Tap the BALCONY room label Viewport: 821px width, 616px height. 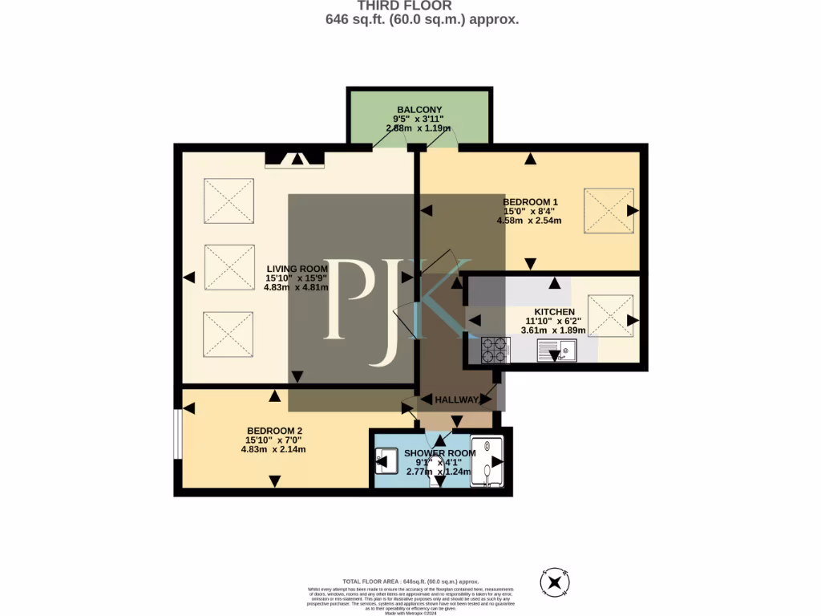point(419,110)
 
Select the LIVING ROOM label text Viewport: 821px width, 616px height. point(297,269)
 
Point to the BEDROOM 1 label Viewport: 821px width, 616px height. point(530,201)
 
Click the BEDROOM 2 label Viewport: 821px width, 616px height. point(274,430)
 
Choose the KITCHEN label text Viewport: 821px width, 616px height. point(555,311)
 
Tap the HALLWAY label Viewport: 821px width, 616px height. point(457,399)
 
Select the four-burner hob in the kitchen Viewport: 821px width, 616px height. point(494,349)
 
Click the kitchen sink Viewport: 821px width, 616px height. point(556,349)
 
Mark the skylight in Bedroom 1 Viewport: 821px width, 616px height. point(609,211)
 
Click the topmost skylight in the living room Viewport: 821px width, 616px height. point(229,201)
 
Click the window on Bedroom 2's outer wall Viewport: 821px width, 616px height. point(178,435)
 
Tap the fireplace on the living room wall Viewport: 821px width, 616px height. point(294,158)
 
